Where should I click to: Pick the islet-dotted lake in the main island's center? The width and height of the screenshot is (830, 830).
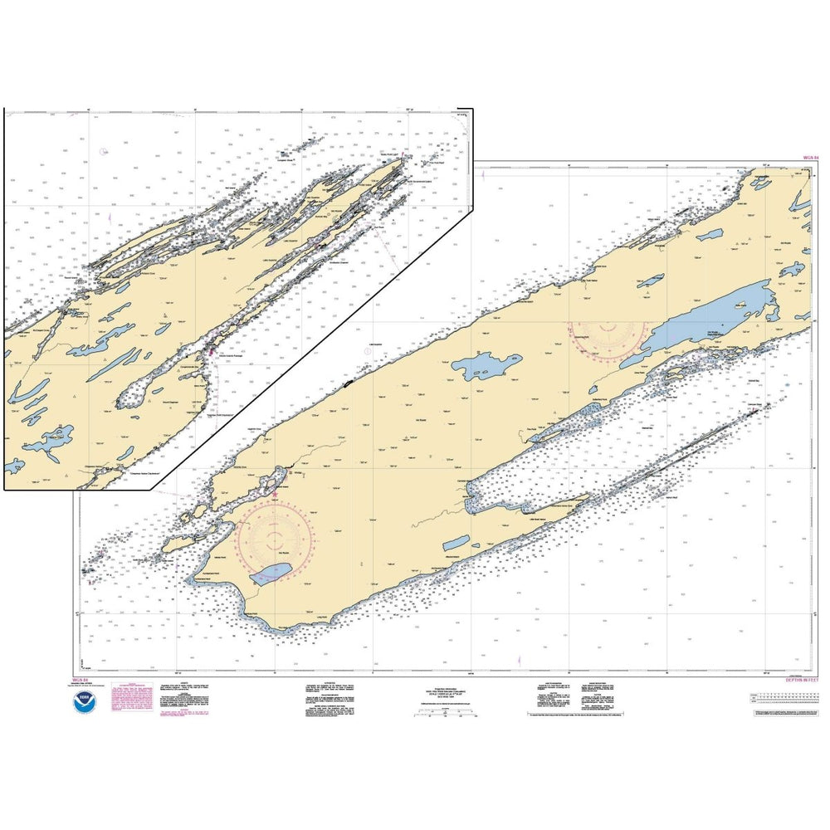point(487,364)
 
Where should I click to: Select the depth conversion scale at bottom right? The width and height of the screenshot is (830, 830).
point(784,701)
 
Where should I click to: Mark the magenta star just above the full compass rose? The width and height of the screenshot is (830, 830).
point(275,496)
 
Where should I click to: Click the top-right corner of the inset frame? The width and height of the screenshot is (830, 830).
point(471,109)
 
